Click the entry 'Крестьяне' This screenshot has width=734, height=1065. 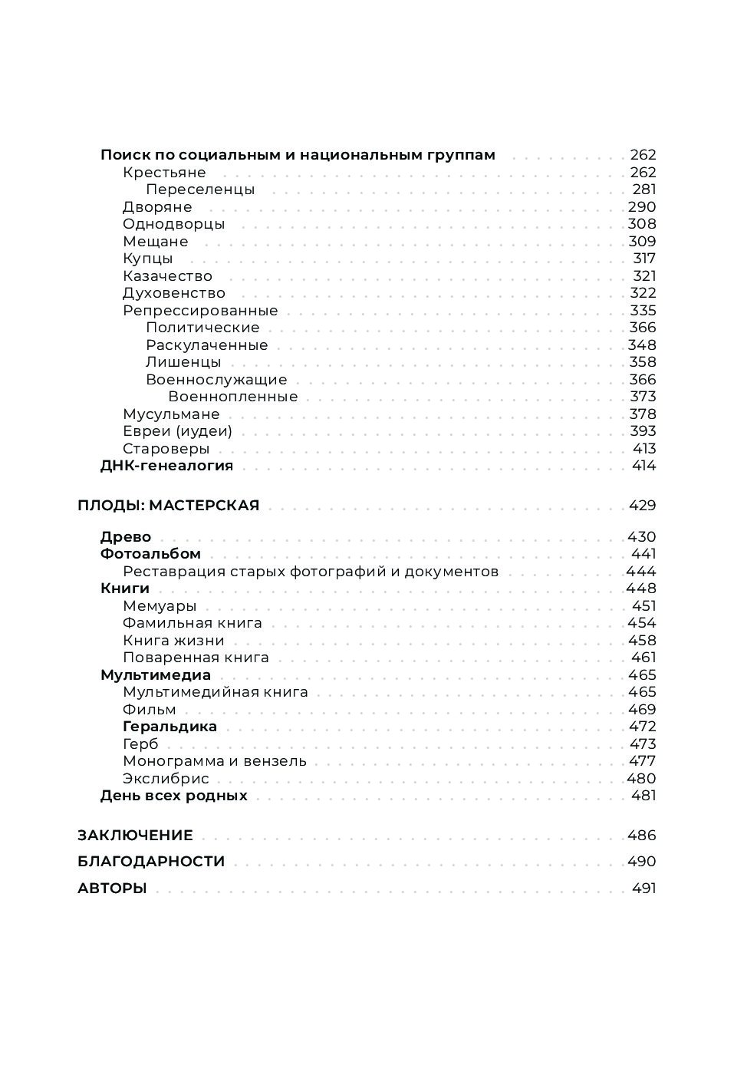click(x=164, y=173)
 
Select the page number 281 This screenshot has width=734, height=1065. click(x=643, y=190)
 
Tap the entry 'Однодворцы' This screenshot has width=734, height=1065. click(x=173, y=224)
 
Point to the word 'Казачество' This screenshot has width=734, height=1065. click(x=167, y=276)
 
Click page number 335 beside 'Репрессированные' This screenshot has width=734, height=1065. click(x=643, y=311)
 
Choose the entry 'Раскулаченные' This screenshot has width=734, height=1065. click(x=206, y=345)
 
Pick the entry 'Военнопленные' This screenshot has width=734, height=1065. click(x=232, y=397)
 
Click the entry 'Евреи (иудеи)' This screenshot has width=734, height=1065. click(x=177, y=431)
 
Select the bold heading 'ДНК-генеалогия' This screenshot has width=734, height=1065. click(x=166, y=466)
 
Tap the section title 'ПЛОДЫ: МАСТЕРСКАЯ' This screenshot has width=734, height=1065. click(x=168, y=506)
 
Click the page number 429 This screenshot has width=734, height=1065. click(x=642, y=506)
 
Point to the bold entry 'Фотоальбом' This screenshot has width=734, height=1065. click(x=150, y=554)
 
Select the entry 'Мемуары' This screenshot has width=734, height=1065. click(x=160, y=606)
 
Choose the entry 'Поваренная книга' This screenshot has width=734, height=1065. click(x=196, y=658)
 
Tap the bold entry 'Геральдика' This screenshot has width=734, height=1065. click(x=170, y=727)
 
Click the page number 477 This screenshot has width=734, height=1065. click(x=642, y=761)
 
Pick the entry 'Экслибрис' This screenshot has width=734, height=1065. click(x=166, y=779)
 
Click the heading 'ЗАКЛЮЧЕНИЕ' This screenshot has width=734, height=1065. click(x=135, y=836)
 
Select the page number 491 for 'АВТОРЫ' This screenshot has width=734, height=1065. click(x=643, y=889)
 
